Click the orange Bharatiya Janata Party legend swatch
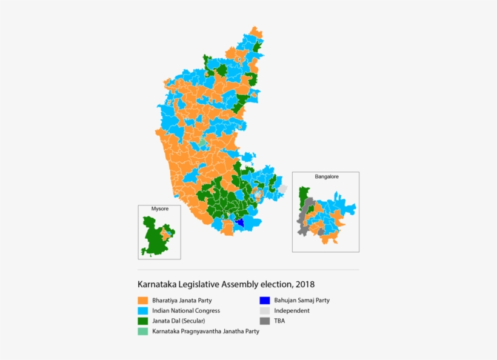tap(143, 300)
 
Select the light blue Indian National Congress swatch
tap(143, 310)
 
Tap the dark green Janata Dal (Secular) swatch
tap(143, 321)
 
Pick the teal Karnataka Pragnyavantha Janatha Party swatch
tap(143, 332)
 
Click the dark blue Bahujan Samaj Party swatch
tap(264, 300)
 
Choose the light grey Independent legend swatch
tap(264, 310)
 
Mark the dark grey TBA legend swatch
tap(264, 321)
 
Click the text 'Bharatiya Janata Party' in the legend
tap(182, 300)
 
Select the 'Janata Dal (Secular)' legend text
tap(179, 321)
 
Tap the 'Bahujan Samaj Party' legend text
tap(301, 300)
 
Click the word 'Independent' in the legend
tap(292, 310)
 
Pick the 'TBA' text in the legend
tap(280, 321)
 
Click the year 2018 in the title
tap(304, 284)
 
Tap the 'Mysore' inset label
tap(160, 209)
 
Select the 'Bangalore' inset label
tap(326, 176)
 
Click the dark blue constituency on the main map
tap(240, 222)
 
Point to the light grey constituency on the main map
tap(282, 189)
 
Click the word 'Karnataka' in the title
tap(156, 284)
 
